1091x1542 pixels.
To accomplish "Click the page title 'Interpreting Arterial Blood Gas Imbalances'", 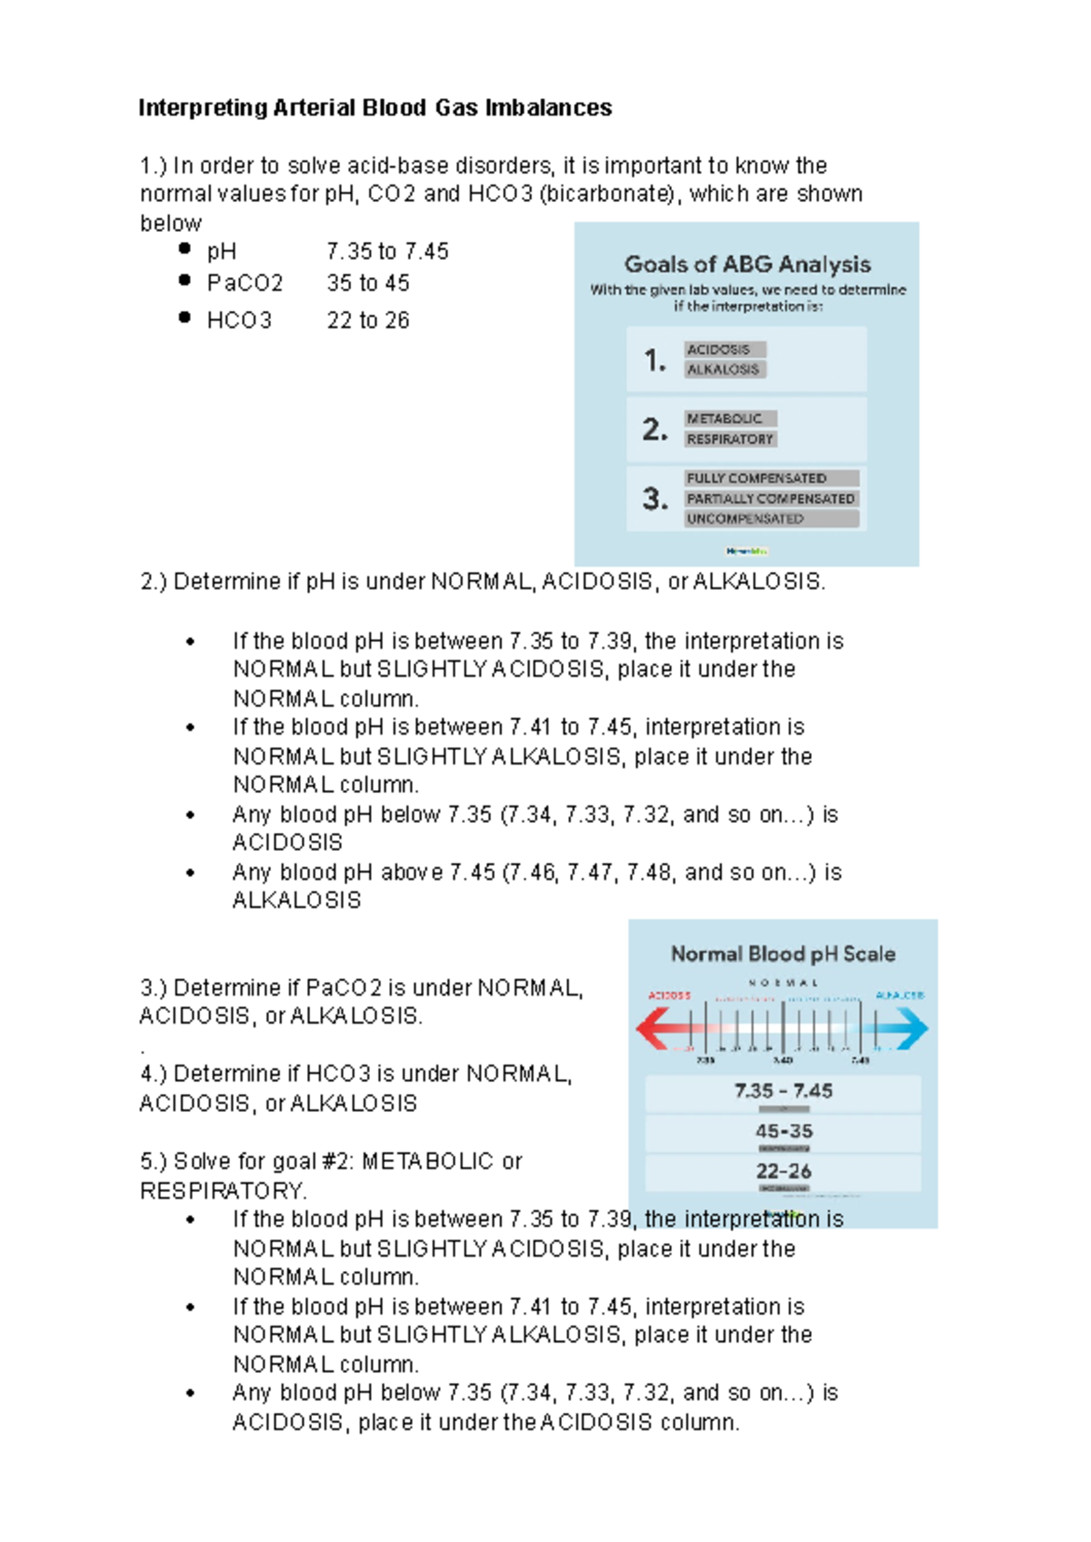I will (375, 108).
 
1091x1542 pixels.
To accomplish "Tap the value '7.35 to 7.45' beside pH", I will (387, 252).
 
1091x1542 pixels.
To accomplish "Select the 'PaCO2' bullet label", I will (245, 284).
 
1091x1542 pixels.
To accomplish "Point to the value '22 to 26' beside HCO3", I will (368, 320).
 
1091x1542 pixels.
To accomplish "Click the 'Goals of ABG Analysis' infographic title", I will (747, 265).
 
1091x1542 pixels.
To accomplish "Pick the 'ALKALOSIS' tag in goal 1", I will (725, 369).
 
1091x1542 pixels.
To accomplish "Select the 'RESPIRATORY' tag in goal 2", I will (730, 439).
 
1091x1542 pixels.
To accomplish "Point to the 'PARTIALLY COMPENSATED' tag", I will (771, 498).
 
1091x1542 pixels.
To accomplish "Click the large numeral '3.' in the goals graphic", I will (655, 498).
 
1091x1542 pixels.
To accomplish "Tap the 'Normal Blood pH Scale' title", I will (783, 954).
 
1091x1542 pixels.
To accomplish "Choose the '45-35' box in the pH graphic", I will (783, 1132).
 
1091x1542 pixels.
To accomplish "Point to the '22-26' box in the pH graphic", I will (783, 1172).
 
